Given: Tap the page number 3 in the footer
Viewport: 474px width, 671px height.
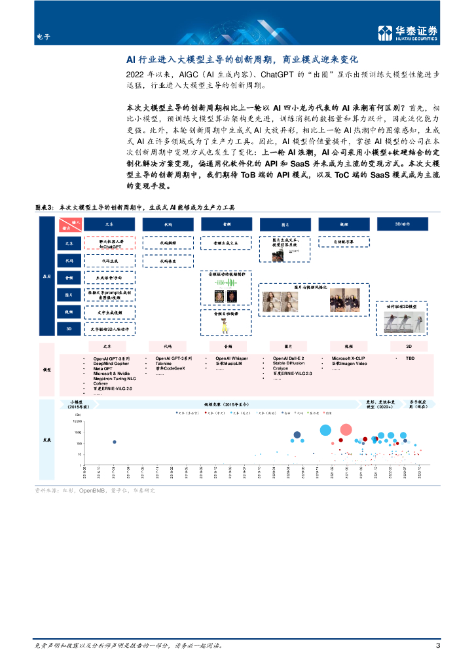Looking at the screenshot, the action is click(437, 645).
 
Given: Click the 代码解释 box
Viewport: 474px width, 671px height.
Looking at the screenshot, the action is click(168, 242).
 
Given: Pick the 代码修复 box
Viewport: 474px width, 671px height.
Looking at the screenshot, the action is click(168, 260).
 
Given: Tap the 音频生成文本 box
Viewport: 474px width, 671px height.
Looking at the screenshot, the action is click(226, 242).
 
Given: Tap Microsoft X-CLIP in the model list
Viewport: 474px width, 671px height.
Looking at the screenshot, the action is click(351, 358).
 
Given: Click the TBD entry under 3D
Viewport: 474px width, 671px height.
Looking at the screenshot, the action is click(410, 358).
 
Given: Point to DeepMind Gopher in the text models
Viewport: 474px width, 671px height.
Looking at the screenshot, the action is click(111, 364).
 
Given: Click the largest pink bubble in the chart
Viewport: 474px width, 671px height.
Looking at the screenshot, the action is click(346, 431).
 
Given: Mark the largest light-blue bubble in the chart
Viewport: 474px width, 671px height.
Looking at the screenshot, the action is click(325, 430).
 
